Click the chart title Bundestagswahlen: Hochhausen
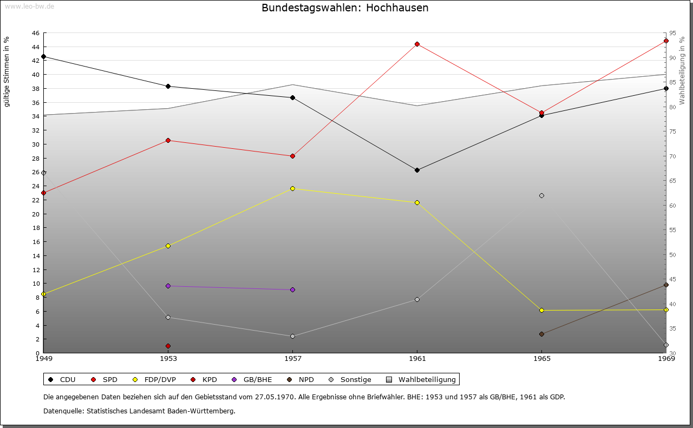[345, 8]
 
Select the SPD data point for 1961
[417, 44]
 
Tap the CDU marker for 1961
[417, 170]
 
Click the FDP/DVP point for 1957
[292, 188]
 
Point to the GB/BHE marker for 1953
[168, 286]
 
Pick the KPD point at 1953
[168, 346]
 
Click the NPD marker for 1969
[666, 285]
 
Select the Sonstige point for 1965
[541, 195]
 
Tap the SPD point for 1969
[666, 41]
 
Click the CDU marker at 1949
[44, 56]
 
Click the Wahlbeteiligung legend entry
[423, 379]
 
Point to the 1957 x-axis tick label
[292, 358]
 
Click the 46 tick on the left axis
[35, 33]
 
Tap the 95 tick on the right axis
[672, 33]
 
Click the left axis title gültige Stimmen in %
[7, 71]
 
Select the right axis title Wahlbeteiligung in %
[682, 70]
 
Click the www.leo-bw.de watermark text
[29, 6]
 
